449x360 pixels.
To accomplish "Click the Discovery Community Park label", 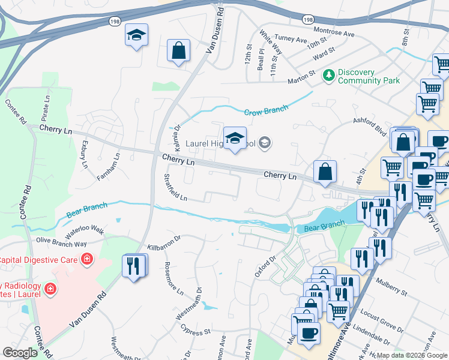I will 368,76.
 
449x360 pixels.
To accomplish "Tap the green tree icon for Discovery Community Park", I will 328,75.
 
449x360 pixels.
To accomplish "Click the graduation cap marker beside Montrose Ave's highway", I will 136,36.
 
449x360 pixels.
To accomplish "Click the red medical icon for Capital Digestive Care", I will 87,259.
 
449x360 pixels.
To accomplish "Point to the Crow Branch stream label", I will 265,110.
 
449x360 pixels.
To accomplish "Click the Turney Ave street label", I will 291,39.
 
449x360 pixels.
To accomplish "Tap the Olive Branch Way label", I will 61,242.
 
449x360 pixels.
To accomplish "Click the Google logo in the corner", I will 20,353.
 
